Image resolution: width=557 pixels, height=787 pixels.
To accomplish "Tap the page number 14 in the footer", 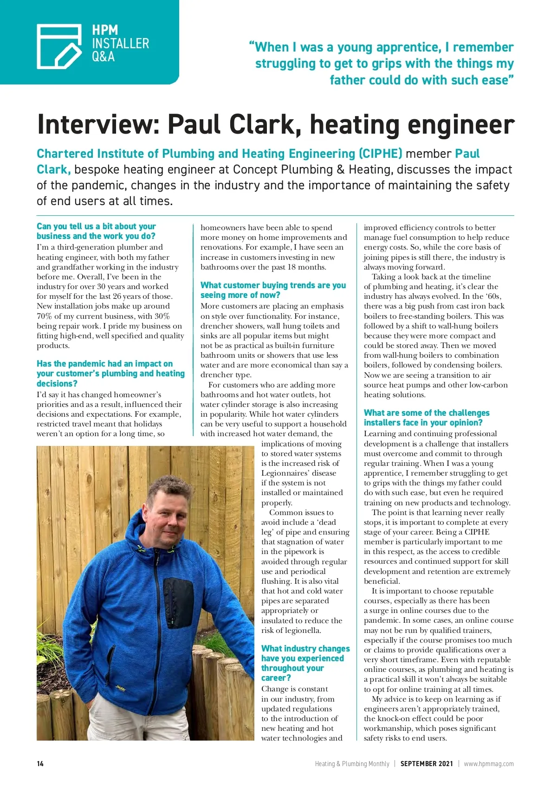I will pyautogui.click(x=40, y=763).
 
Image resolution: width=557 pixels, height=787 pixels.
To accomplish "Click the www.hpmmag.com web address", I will pyautogui.click(x=489, y=763).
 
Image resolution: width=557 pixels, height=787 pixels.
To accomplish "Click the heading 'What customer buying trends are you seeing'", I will pyautogui.click(x=273, y=290).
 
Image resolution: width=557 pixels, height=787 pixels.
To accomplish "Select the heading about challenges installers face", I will pyautogui.click(x=426, y=418).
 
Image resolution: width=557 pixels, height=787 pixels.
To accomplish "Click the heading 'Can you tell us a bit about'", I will pyautogui.click(x=96, y=231).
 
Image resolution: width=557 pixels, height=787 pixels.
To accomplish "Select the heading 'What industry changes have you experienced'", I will pyautogui.click(x=305, y=663).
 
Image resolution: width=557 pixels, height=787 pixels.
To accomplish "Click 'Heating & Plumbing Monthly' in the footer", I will pyautogui.click(x=352, y=763).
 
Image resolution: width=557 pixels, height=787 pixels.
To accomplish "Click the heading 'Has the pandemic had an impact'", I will pyautogui.click(x=110, y=374).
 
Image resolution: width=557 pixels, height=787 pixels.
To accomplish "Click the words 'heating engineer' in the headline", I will pyautogui.click(x=412, y=124).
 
